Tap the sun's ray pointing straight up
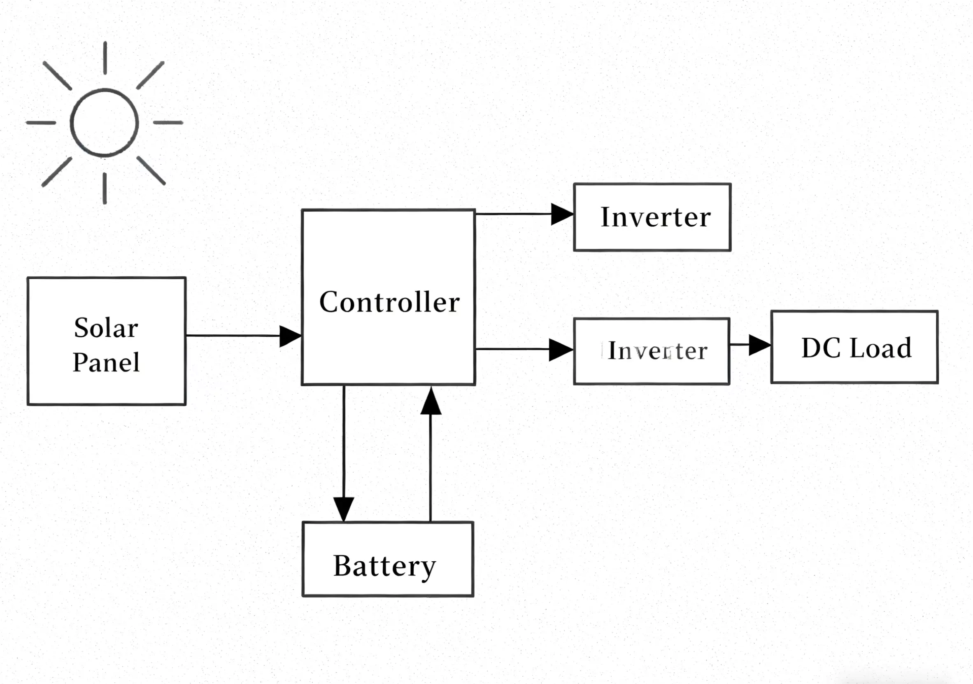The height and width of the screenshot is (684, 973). (105, 58)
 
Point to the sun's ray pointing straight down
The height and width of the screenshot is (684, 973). (105, 188)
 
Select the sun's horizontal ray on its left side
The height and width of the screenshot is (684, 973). (41, 123)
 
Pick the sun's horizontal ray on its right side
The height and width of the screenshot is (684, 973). (168, 123)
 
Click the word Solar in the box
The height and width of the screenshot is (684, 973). (106, 328)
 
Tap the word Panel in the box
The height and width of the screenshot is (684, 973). (106, 362)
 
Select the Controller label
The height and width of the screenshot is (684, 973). (389, 302)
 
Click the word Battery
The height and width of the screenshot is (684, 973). (384, 566)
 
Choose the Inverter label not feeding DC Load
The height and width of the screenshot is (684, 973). (656, 217)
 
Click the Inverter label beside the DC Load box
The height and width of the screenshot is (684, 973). (657, 351)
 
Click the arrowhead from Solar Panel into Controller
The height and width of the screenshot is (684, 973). (290, 336)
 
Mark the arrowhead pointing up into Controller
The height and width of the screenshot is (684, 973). (431, 401)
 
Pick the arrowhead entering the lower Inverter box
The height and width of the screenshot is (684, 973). (560, 350)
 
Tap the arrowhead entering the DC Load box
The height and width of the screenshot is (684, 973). (759, 345)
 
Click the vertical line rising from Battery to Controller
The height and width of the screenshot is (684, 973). (431, 467)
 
